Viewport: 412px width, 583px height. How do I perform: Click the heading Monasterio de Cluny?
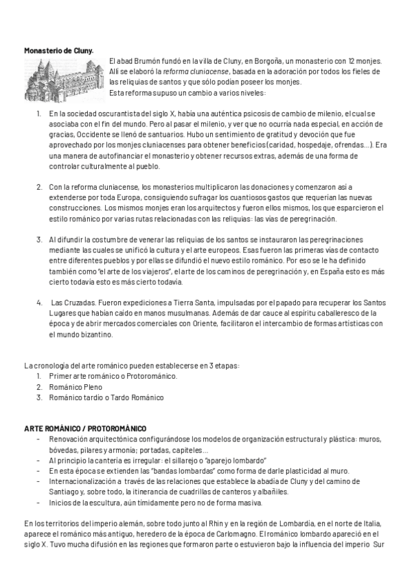59,50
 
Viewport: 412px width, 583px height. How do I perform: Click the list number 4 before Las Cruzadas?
39,303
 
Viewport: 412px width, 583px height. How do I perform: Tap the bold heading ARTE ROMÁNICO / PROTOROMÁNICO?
84,428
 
